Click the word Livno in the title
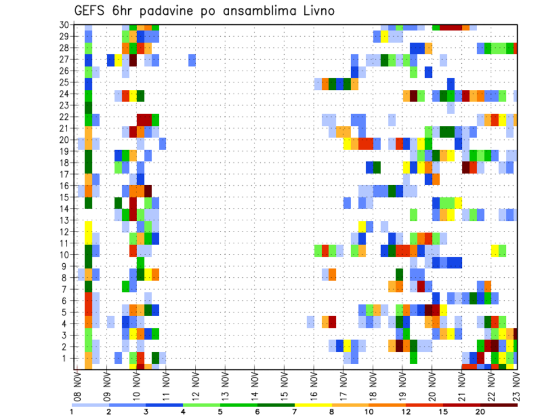(317, 10)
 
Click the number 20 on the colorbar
(480, 412)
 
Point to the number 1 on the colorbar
(72, 412)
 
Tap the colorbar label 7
(294, 412)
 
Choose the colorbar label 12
(405, 412)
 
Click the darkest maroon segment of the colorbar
(499, 405)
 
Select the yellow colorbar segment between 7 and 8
(313, 405)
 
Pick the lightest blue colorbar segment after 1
(90, 405)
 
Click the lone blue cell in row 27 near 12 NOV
(192, 60)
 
